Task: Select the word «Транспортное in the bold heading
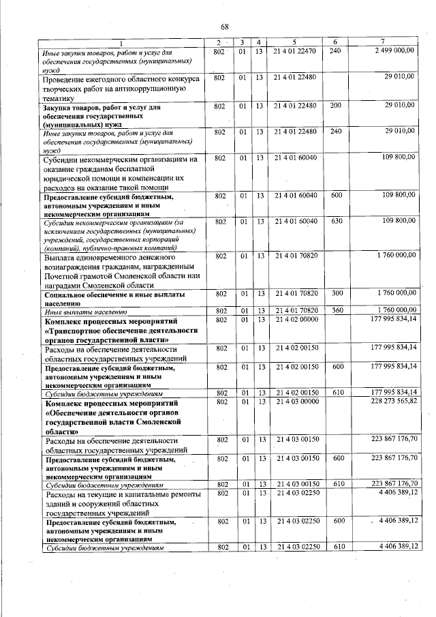coord(77,329)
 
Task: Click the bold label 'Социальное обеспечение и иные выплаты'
coord(113,294)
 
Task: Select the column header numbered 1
coord(123,43)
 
